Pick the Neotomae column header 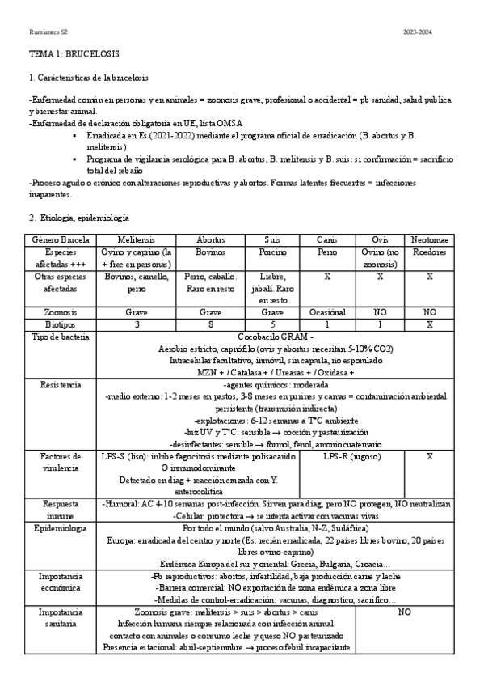pos(429,240)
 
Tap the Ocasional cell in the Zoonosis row pos(327,311)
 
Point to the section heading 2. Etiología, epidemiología pos(78,218)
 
